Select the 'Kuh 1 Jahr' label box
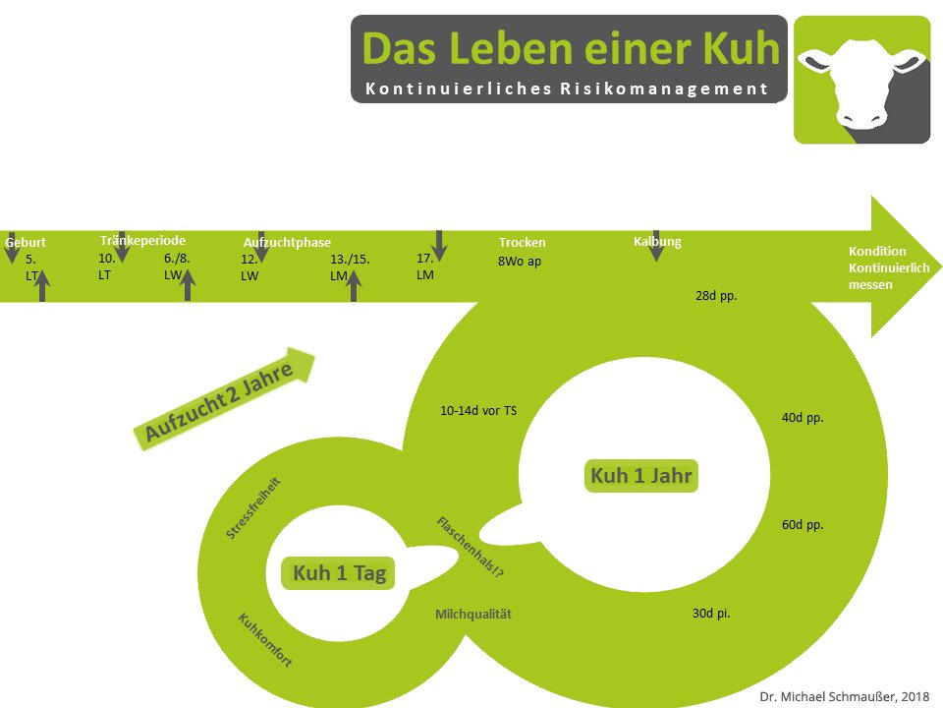(641, 476)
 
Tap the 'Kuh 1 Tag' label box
(339, 572)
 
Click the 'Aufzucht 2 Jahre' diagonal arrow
(224, 398)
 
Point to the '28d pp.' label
(716, 296)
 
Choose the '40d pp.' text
(803, 417)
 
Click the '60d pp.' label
(803, 524)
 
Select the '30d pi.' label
(711, 613)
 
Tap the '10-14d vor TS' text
(478, 411)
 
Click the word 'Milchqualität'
(473, 614)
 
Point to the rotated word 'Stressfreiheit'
(252, 508)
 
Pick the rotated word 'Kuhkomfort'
(265, 640)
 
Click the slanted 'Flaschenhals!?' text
(471, 547)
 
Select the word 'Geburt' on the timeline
(26, 242)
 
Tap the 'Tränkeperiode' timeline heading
(142, 240)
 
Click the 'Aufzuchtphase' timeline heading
(287, 242)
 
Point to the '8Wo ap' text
(519, 262)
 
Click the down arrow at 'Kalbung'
(657, 246)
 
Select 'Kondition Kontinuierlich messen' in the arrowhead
(888, 267)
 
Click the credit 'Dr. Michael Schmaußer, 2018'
(845, 696)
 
